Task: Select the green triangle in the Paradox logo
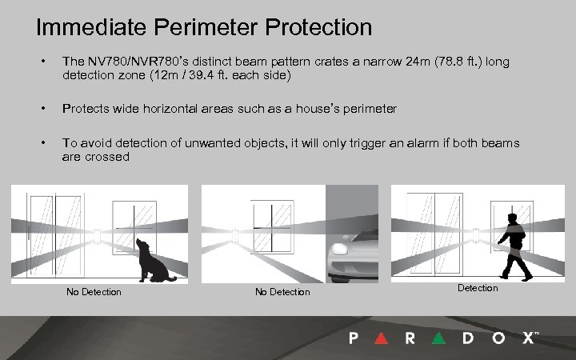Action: tap(438, 338)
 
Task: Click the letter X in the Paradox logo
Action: tap(528, 338)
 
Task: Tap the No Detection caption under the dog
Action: tap(94, 292)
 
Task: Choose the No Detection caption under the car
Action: tap(282, 292)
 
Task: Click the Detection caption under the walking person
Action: tap(478, 288)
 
